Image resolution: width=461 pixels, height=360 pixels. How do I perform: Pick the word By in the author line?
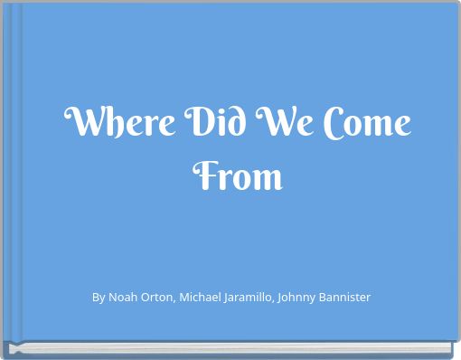pyautogui.click(x=99, y=297)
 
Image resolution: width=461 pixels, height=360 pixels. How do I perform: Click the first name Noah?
pyautogui.click(x=123, y=297)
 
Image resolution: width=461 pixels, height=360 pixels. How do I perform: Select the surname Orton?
pyautogui.click(x=160, y=297)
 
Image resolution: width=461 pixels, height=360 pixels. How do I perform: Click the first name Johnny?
pyautogui.click(x=316, y=297)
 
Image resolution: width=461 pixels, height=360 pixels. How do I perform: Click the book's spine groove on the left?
pyautogui.click(x=15, y=172)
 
